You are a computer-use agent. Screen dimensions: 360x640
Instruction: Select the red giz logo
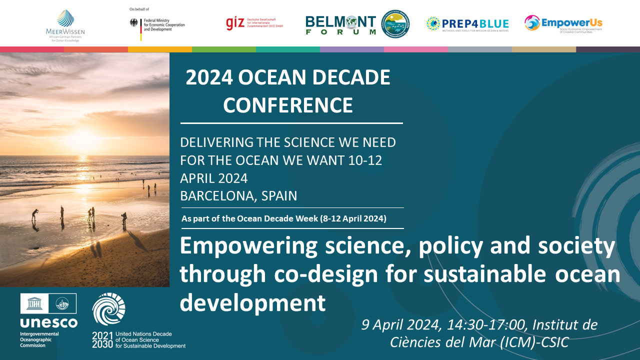[x=234, y=23]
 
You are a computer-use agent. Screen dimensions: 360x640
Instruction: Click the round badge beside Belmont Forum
[x=395, y=23]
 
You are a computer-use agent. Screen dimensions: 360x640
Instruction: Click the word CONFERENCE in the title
[x=288, y=105]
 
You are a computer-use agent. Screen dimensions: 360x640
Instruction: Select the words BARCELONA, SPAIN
[x=238, y=196]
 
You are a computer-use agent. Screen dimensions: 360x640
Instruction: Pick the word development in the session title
[x=252, y=302]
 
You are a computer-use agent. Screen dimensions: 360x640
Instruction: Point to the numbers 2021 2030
[x=102, y=340]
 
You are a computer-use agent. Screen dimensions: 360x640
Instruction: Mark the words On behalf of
[x=139, y=9]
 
